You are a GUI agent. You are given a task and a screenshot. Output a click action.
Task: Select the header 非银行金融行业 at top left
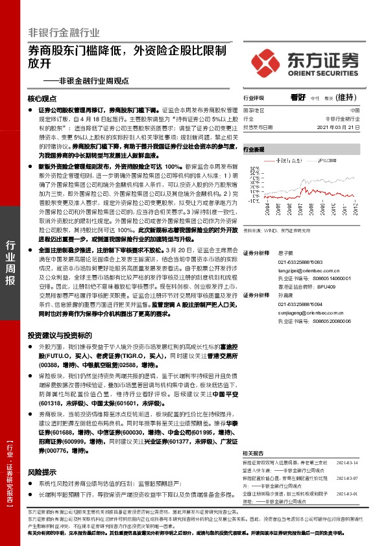coord(64,32)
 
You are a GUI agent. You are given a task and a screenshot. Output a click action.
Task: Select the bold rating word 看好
coord(299,98)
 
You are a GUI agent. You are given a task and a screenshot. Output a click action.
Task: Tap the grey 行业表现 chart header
coord(255,150)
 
